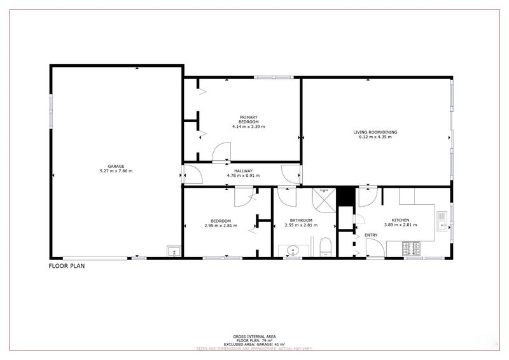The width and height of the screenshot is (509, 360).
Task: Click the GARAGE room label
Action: [115, 167]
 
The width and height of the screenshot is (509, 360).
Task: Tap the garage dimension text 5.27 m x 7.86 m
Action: [115, 171]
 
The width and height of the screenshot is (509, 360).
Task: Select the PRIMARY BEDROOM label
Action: [248, 119]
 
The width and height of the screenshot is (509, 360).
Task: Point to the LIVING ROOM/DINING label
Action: [375, 132]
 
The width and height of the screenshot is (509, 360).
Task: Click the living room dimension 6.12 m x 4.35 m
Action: [375, 137]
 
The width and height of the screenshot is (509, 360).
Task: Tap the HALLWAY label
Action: [243, 170]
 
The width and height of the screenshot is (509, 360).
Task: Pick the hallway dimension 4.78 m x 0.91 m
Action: [243, 175]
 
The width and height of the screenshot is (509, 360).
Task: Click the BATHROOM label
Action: [300, 221]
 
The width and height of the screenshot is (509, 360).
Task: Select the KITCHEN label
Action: [400, 220]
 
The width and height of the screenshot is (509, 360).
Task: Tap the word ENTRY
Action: [372, 235]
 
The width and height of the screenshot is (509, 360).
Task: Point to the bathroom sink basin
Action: [292, 250]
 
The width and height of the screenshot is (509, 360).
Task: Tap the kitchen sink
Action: [442, 221]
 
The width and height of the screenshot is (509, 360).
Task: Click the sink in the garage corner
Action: [172, 251]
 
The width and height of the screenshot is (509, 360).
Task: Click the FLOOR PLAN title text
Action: [67, 267]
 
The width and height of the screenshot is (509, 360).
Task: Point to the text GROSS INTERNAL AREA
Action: [254, 336]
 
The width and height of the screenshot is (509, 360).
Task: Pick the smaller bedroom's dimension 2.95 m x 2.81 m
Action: [218, 225]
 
